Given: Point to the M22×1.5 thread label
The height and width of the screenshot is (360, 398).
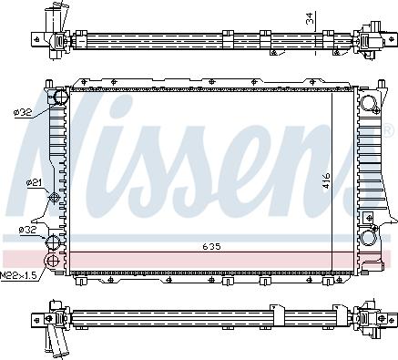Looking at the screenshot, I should coord(18,274).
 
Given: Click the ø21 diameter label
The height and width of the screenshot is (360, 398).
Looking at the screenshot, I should coord(34,183).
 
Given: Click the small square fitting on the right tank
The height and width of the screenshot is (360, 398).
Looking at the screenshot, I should coord(371,217).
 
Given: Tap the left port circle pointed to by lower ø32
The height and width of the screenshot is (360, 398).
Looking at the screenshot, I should coord(56,242).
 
